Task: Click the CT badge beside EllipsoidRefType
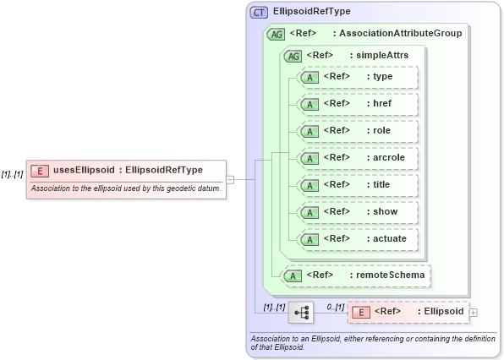click(x=259, y=12)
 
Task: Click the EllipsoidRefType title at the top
click(x=312, y=12)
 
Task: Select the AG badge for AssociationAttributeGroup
click(x=276, y=34)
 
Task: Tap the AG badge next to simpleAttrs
click(x=293, y=56)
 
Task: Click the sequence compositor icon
click(x=300, y=312)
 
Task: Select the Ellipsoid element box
click(x=408, y=312)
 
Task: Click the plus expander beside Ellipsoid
click(x=473, y=313)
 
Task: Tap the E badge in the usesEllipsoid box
click(x=38, y=171)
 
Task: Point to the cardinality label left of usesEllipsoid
click(x=12, y=172)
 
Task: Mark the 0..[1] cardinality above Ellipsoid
click(x=335, y=306)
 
